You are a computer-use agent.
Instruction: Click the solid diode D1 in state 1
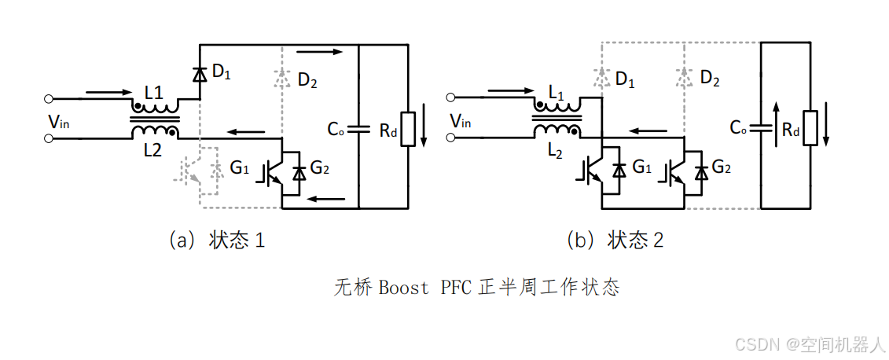(x=199, y=74)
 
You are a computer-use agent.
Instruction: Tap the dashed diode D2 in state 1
(x=281, y=77)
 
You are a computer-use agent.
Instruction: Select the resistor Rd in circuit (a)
(x=408, y=129)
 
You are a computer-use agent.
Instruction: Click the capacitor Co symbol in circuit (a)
(x=358, y=129)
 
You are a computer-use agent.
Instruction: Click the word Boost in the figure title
(x=403, y=288)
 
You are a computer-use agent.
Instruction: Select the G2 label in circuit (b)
(x=722, y=167)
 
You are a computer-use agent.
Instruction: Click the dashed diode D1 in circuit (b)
(x=601, y=77)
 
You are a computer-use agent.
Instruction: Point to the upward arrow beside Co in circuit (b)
(x=776, y=123)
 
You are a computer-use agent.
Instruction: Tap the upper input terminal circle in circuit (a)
(x=49, y=100)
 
